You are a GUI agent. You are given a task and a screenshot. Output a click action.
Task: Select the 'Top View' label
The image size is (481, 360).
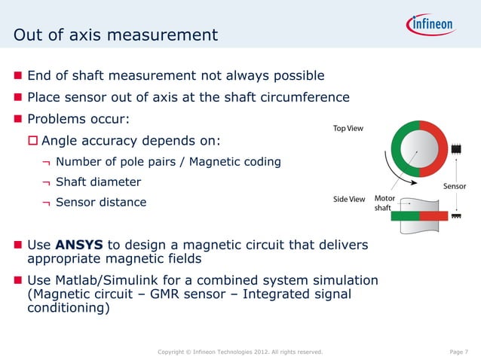[348, 129]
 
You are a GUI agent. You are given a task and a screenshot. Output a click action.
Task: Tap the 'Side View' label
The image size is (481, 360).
[349, 199]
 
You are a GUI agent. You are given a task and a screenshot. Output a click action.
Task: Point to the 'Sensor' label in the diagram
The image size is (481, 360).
[454, 185]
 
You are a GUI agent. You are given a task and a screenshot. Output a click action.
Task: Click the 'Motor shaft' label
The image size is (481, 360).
[385, 203]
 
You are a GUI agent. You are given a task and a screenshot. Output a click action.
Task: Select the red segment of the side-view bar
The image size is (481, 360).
[433, 216]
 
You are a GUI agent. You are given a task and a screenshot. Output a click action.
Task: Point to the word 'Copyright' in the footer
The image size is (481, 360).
[171, 352]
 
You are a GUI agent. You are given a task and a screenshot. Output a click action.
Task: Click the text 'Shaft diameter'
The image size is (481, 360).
[98, 182]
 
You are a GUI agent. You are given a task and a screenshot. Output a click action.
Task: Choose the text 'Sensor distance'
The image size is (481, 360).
[101, 202]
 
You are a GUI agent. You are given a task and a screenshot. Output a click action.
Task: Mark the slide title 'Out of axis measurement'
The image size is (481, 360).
[116, 35]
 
